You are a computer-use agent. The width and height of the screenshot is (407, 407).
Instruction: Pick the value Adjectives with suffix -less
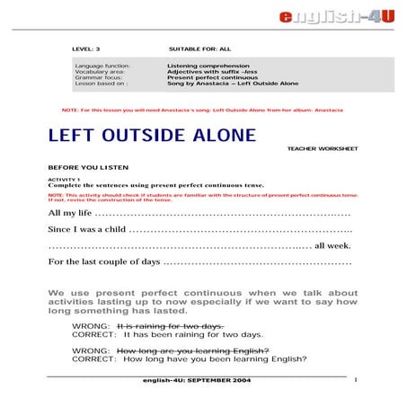[208, 71]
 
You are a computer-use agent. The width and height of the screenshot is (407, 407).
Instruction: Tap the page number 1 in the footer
[357, 381]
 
